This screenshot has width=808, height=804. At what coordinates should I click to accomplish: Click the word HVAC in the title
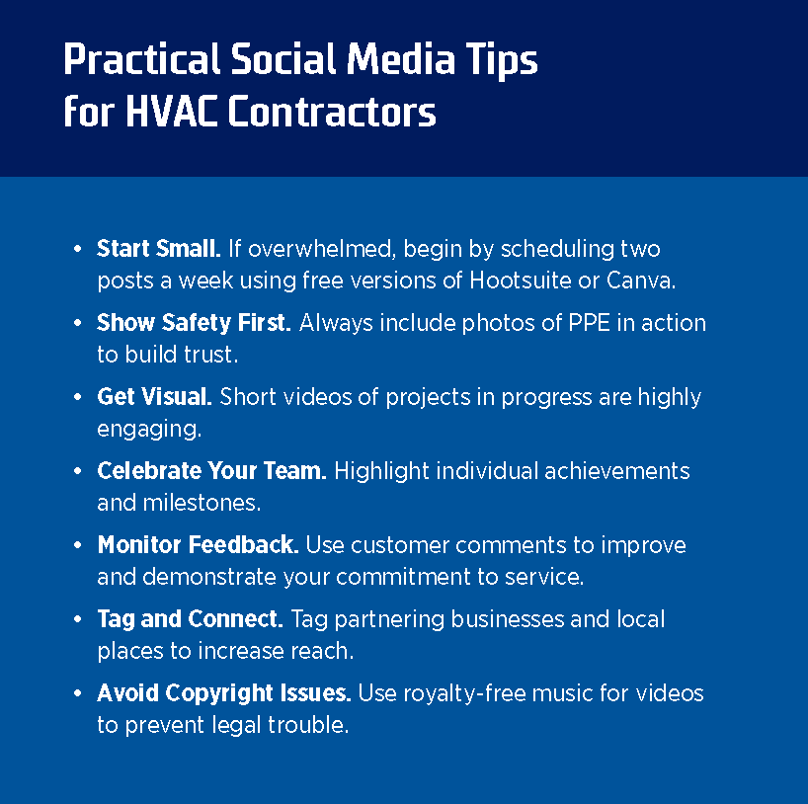click(x=171, y=112)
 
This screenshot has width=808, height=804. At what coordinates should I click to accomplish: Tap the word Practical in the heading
click(x=141, y=59)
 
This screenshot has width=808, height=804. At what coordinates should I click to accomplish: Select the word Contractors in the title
click(x=332, y=112)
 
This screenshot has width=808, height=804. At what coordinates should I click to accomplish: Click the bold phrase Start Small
click(x=159, y=249)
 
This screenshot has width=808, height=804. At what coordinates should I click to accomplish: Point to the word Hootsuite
click(x=520, y=281)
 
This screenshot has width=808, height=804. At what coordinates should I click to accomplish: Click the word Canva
click(x=640, y=281)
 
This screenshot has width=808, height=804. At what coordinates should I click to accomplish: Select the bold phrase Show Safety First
click(x=194, y=323)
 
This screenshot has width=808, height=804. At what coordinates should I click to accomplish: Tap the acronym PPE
click(x=589, y=323)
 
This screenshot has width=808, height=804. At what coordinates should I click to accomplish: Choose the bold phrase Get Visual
click(x=155, y=397)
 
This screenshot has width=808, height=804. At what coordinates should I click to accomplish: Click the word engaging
click(x=149, y=430)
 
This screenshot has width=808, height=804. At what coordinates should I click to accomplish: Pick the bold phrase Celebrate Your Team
click(x=211, y=470)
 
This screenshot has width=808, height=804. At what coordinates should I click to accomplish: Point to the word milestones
click(x=202, y=503)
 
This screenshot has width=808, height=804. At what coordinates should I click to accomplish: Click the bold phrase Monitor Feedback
click(x=198, y=545)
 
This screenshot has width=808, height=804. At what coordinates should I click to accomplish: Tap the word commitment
click(x=403, y=577)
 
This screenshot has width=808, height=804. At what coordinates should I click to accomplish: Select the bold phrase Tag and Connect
click(x=191, y=619)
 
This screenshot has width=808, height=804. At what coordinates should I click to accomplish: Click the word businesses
click(x=508, y=619)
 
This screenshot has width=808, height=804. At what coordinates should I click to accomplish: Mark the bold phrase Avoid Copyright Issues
click(x=224, y=693)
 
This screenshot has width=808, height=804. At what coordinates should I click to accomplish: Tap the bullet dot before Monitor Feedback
click(x=77, y=545)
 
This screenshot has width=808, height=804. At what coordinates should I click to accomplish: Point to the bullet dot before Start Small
click(x=77, y=249)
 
